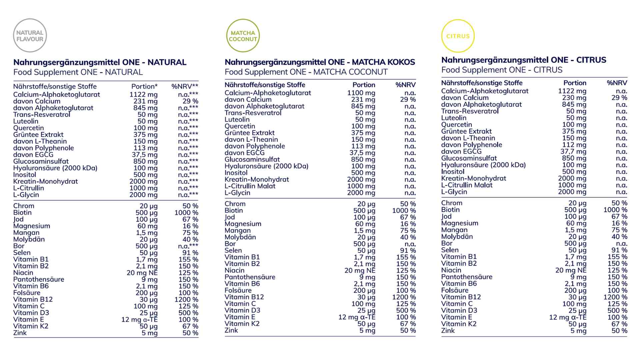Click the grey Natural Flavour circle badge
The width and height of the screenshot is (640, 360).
click(30, 35)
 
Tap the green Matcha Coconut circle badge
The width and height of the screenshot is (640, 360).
click(243, 36)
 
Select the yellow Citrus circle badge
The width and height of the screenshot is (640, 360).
click(458, 36)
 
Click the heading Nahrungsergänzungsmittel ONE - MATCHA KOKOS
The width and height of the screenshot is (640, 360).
click(320, 62)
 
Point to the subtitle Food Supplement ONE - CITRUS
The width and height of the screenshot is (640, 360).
click(502, 70)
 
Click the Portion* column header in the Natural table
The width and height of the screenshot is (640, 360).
click(144, 87)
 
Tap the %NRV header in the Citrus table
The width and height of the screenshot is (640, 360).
click(617, 83)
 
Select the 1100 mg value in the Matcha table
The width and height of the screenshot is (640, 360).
click(361, 93)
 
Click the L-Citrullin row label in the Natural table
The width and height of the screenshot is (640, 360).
click(29, 188)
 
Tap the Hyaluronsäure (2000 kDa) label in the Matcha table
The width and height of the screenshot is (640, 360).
click(266, 166)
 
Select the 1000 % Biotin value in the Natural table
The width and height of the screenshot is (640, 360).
click(186, 213)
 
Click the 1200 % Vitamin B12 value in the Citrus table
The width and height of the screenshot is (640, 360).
click(615, 297)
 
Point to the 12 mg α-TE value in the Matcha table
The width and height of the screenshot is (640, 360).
click(357, 317)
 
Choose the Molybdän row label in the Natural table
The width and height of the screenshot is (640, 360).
click(29, 239)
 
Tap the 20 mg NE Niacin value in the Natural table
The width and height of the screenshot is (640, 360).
click(142, 273)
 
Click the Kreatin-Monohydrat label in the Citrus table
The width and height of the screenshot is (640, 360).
click(473, 178)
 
